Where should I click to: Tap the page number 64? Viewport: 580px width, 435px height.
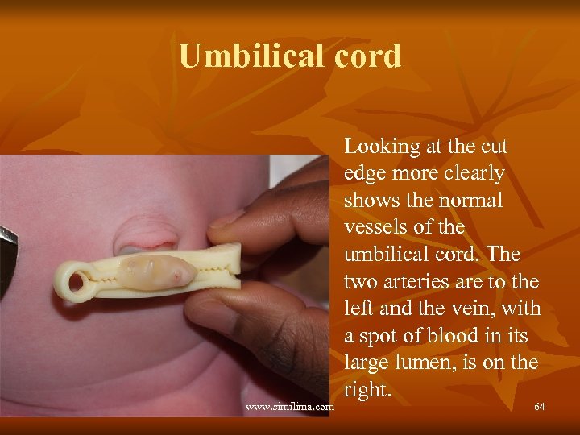(x=540, y=406)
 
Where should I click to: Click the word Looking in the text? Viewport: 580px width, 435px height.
(x=383, y=147)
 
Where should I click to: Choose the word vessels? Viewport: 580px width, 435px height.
(x=375, y=227)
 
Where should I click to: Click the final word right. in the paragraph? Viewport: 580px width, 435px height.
(x=368, y=390)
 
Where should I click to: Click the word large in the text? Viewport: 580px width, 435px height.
(x=367, y=362)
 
